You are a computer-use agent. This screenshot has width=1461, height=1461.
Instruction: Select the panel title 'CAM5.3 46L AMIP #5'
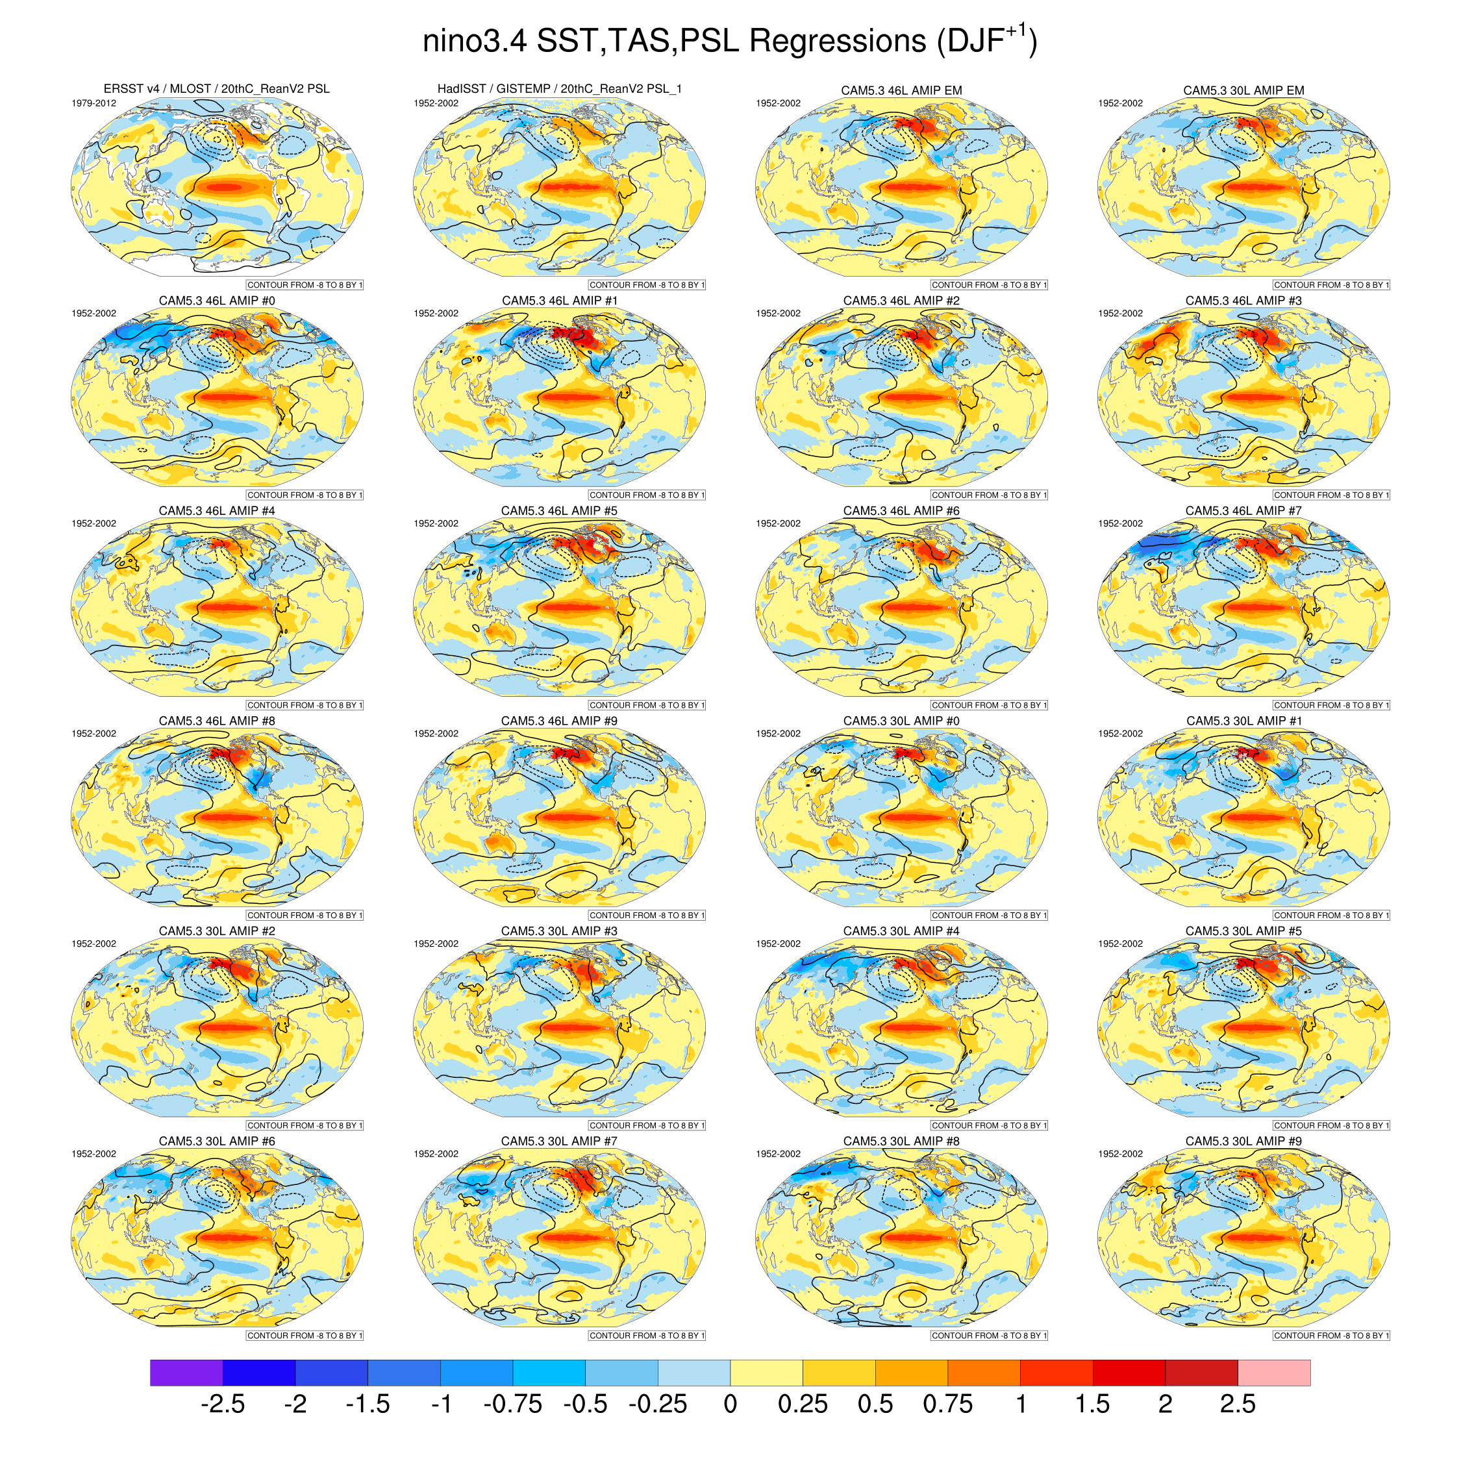559,511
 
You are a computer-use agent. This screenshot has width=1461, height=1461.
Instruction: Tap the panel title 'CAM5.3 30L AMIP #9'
1243,1141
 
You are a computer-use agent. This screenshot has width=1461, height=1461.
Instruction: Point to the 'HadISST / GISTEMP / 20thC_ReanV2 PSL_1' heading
560,89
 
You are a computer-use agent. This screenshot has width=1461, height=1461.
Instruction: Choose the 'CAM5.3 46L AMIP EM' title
901,91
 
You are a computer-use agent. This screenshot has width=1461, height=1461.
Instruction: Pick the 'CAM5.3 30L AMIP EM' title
1243,91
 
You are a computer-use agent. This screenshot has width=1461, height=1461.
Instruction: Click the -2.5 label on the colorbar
222,1405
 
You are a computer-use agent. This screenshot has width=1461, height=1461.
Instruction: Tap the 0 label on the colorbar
730,1405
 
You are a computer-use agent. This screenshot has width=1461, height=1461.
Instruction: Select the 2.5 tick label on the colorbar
1237,1405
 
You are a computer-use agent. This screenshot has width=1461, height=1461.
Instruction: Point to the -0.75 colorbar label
513,1405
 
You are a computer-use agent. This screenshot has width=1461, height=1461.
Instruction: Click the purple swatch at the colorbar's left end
186,1373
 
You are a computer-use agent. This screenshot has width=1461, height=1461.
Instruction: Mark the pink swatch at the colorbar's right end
1273,1373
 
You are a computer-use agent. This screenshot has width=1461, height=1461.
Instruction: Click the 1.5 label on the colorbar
1092,1405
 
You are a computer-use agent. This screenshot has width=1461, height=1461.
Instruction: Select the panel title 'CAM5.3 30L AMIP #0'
901,721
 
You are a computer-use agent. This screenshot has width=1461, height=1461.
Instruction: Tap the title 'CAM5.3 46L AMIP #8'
217,721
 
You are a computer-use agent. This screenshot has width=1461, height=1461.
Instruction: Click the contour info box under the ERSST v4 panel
305,285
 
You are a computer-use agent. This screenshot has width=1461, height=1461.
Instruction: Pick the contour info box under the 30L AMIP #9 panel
1331,1336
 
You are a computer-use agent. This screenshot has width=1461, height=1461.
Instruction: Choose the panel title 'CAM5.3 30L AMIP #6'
217,1141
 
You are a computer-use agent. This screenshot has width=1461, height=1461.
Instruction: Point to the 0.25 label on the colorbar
803,1405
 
